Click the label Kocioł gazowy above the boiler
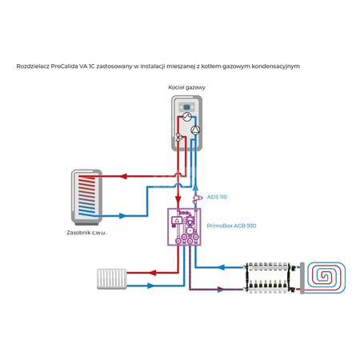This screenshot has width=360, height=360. click(x=186, y=87)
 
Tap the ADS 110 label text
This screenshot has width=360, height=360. click(x=217, y=197)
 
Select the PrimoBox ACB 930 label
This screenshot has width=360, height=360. click(x=231, y=226)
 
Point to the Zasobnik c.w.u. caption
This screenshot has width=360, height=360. click(x=86, y=233)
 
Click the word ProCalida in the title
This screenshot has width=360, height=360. click(x=64, y=66)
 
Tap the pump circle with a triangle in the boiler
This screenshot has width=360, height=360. click(x=195, y=130)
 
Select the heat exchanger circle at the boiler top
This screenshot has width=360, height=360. click(x=187, y=117)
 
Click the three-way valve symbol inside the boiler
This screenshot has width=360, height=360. click(x=178, y=138)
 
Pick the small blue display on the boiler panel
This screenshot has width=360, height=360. click(x=186, y=107)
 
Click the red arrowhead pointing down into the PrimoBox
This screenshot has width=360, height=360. click(x=178, y=199)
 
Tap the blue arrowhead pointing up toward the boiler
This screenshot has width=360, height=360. click(x=195, y=187)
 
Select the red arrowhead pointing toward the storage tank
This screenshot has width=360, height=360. click(x=122, y=176)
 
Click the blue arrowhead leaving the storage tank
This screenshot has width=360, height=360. click(x=122, y=216)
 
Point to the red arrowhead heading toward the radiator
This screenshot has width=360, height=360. click(x=152, y=273)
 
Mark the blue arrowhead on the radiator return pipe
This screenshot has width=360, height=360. click(x=151, y=286)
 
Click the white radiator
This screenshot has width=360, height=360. click(x=112, y=279)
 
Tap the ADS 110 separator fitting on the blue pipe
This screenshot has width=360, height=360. click(x=196, y=198)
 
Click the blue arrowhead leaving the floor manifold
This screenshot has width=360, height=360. click(x=222, y=267)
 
